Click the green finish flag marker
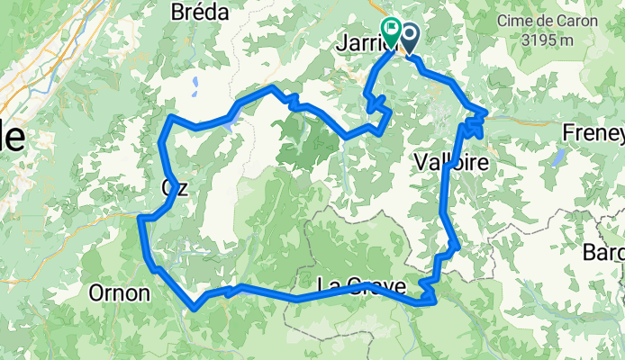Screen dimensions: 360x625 coord(391,28)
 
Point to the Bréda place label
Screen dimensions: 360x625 coord(199,13)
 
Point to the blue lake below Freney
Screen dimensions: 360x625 coord(558,158)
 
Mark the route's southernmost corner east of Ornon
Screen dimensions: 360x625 coord(195,308)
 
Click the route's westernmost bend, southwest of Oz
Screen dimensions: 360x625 coord(141,217)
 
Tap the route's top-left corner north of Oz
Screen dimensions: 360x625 coord(171,117)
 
